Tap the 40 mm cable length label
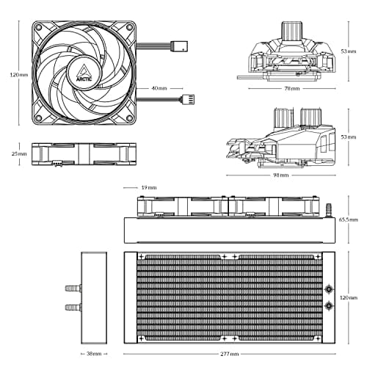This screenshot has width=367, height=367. (159, 87)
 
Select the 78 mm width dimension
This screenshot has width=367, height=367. (291, 88)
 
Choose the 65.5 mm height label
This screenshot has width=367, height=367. (349, 219)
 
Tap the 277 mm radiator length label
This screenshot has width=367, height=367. (229, 353)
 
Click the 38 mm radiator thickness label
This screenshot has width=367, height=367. (92, 353)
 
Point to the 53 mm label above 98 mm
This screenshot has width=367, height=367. (348, 137)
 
